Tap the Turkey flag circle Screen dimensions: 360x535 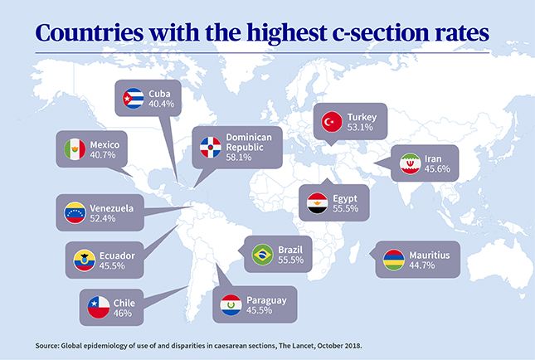click(x=333, y=122)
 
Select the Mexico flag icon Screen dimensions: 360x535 click(x=75, y=149)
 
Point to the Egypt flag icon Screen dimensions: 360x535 click(x=318, y=204)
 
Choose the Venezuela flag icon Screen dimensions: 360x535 click(x=75, y=214)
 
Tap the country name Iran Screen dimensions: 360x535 click(x=445, y=158)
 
